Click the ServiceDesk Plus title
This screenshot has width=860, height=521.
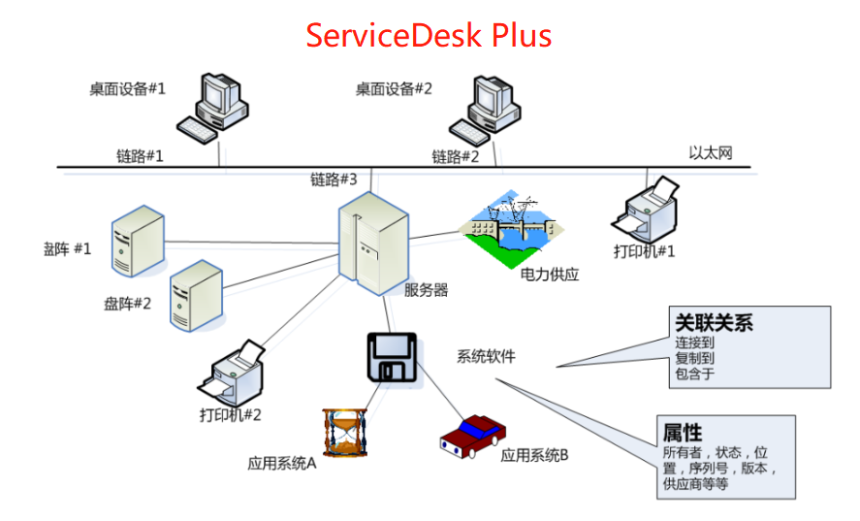pyautogui.click(x=429, y=35)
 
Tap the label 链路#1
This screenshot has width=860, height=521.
pyautogui.click(x=141, y=155)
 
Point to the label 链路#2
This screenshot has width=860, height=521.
pyautogui.click(x=456, y=156)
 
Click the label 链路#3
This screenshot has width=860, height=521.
pyautogui.click(x=334, y=179)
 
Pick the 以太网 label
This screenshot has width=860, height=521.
pyautogui.click(x=711, y=152)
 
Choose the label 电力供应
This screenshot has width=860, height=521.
pyautogui.click(x=550, y=275)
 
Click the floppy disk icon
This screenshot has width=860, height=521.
pyautogui.click(x=393, y=357)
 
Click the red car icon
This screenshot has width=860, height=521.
pyautogui.click(x=471, y=436)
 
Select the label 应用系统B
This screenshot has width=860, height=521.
pyautogui.click(x=534, y=454)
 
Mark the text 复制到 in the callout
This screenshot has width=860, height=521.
pyautogui.click(x=694, y=358)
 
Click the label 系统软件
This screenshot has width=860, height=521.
pyautogui.click(x=486, y=356)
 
